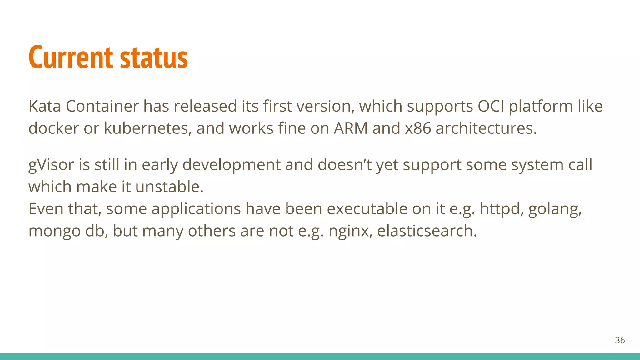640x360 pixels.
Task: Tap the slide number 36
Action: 620,340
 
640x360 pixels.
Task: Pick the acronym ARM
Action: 351,128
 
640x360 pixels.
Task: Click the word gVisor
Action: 51,165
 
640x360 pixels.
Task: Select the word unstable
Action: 169,187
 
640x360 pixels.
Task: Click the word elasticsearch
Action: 427,231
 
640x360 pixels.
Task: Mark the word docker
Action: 53,128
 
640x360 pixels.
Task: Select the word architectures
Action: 486,128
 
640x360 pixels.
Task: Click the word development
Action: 231,165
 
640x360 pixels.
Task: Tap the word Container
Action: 102,106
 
